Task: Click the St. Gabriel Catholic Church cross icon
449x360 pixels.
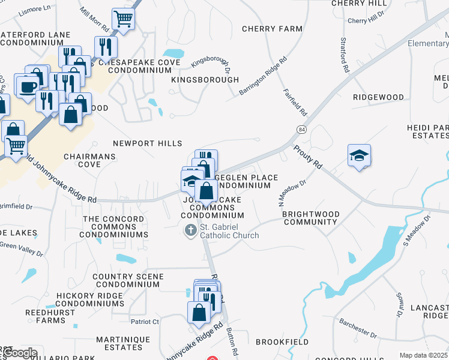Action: (x=191, y=230)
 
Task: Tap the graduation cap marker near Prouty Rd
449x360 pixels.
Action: (x=359, y=156)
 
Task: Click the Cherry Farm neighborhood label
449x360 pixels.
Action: (x=272, y=29)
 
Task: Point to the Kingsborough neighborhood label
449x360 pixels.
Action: (x=205, y=80)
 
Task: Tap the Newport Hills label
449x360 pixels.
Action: (x=148, y=143)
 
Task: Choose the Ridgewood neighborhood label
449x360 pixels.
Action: (x=378, y=97)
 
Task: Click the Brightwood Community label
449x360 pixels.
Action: (x=310, y=218)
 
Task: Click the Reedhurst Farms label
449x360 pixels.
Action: (x=46, y=316)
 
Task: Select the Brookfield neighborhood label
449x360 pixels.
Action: (x=282, y=342)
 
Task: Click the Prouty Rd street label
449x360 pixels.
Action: (x=308, y=156)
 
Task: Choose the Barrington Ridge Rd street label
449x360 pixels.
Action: (x=263, y=76)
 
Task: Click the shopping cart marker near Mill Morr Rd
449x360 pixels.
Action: (x=123, y=19)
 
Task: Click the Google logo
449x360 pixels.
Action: (x=19, y=353)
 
